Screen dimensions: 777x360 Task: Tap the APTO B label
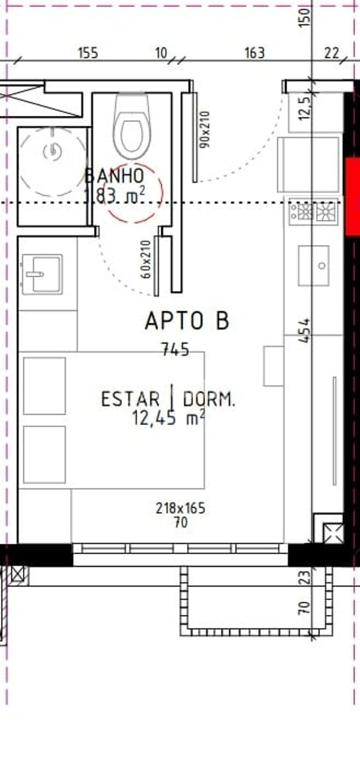point(187,321)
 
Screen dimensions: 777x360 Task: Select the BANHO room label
point(115,176)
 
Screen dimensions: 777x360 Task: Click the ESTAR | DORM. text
point(168,399)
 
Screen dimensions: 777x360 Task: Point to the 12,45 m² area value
point(168,418)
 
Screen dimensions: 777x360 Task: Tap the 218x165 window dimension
point(180,508)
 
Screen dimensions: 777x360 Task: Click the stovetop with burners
point(313,212)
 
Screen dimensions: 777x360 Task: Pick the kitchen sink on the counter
point(314,265)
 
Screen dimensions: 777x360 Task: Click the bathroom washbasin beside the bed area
point(42,274)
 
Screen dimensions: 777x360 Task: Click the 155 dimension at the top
point(88,53)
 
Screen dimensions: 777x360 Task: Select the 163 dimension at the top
point(254,53)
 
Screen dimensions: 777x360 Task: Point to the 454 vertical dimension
point(305,330)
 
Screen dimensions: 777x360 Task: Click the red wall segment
point(352,197)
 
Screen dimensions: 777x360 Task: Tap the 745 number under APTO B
point(175,349)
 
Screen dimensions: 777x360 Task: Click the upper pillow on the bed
point(45,386)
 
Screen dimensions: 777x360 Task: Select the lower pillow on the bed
point(45,454)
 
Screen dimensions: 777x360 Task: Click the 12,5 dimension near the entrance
point(305,108)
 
